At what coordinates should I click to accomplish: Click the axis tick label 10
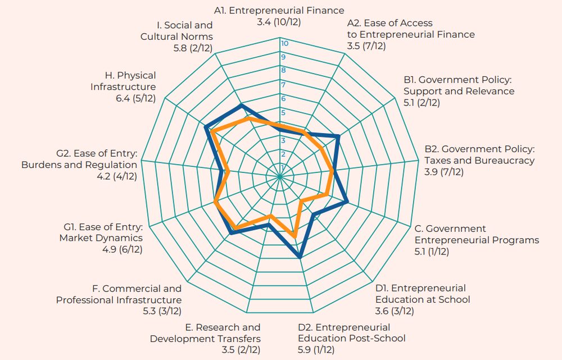pyautogui.click(x=285, y=44)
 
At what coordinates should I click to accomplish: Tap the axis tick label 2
pyautogui.click(x=284, y=154)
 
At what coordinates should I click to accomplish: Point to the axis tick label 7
pyautogui.click(x=284, y=85)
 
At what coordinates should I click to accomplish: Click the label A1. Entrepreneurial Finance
pyautogui.click(x=279, y=11)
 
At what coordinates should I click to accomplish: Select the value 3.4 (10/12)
pyautogui.click(x=279, y=22)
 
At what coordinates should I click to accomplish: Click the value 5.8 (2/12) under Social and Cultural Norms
pyautogui.click(x=193, y=48)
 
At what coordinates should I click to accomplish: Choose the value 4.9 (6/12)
pyautogui.click(x=122, y=250)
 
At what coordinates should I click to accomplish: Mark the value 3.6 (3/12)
pyautogui.click(x=395, y=311)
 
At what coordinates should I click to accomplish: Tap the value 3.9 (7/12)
pyautogui.click(x=444, y=172)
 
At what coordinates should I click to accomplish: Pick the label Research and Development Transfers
pyautogui.click(x=205, y=332)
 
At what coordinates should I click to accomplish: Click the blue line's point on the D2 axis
pyautogui.click(x=300, y=257)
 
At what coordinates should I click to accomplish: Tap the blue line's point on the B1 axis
pyautogui.click(x=338, y=136)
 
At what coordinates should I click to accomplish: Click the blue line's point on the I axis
pyautogui.click(x=241, y=104)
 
